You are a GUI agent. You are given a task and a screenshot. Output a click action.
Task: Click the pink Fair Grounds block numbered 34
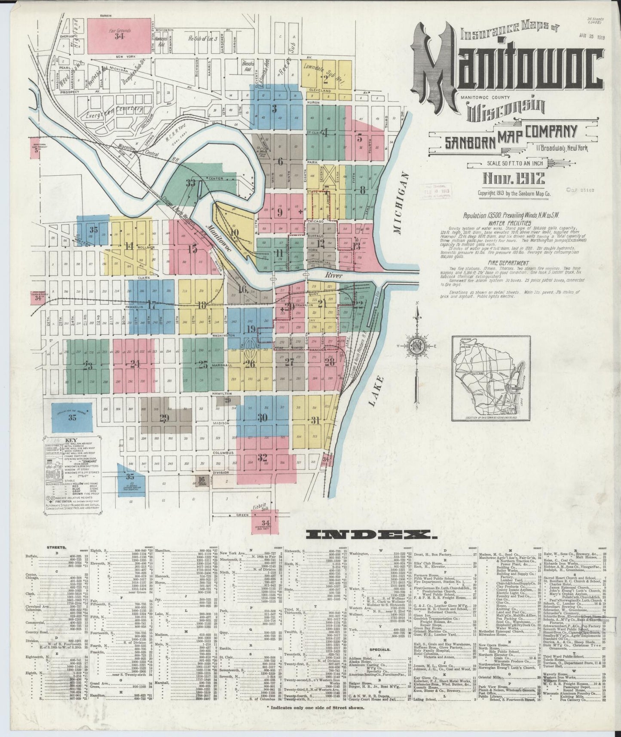[x=119, y=36]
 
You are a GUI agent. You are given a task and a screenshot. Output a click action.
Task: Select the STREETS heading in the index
[x=56, y=548]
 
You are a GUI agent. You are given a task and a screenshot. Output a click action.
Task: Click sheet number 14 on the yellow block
[x=129, y=246]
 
